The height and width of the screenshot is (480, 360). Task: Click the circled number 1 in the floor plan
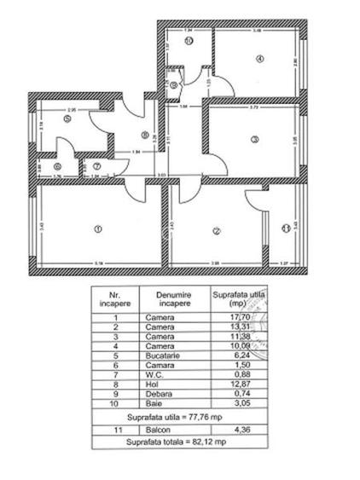pyautogui.click(x=98, y=228)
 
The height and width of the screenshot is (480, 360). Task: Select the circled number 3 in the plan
pyautogui.click(x=253, y=139)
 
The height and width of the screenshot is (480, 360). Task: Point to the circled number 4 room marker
pyautogui.click(x=258, y=58)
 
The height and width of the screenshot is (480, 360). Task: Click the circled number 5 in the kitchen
pyautogui.click(x=66, y=119)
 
